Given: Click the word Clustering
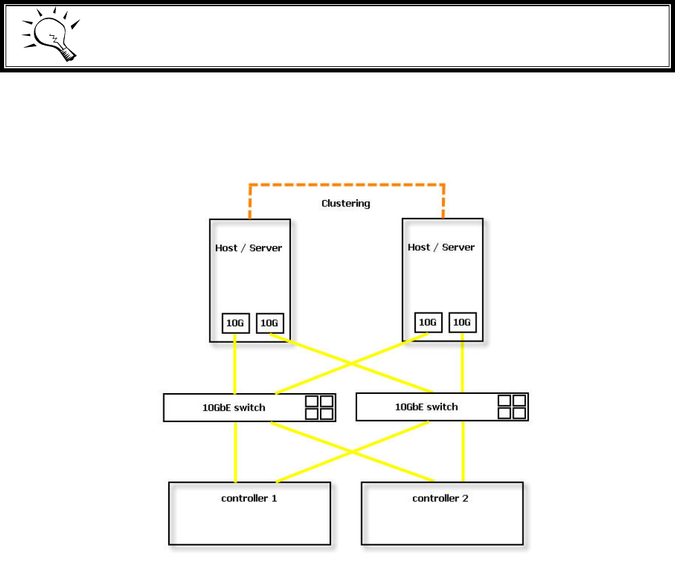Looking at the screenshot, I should click(x=345, y=203).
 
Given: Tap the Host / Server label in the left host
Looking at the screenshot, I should click(x=249, y=248).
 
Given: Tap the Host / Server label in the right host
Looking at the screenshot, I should click(x=442, y=247).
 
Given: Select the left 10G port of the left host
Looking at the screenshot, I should click(x=235, y=323).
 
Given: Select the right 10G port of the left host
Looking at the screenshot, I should click(x=270, y=323).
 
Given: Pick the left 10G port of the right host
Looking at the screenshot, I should click(x=428, y=322).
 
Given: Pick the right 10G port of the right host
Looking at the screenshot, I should click(x=462, y=322).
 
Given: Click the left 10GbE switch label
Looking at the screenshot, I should click(x=234, y=408).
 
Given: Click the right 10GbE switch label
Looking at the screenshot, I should click(x=426, y=407).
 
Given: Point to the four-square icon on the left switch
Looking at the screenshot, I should click(x=319, y=408).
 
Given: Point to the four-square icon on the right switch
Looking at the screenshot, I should click(x=511, y=407).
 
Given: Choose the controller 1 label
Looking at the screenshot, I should click(x=249, y=498).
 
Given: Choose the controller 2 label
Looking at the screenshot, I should click(x=441, y=498).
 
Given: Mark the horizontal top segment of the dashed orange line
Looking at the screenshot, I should click(x=346, y=185).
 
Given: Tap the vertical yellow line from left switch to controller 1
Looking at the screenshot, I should click(x=235, y=452).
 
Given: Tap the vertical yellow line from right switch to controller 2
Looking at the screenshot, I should click(x=463, y=452).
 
